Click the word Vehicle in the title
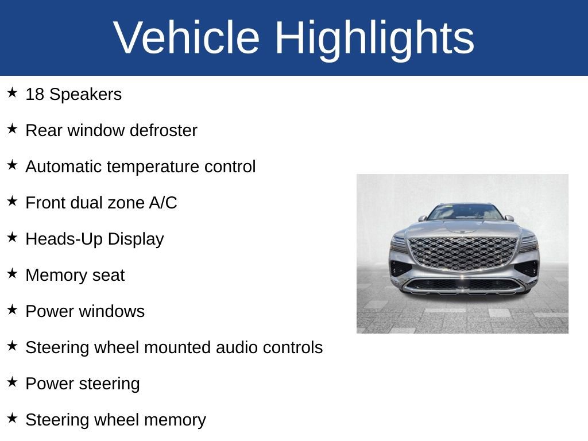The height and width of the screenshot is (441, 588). pyautogui.click(x=187, y=37)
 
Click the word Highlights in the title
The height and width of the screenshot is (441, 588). pyautogui.click(x=374, y=40)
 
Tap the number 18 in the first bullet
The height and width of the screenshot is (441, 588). pyautogui.click(x=34, y=94)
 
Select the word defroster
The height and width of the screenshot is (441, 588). pyautogui.click(x=163, y=130)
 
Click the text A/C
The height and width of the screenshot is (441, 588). pyautogui.click(x=163, y=203)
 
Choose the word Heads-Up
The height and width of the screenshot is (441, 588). pyautogui.click(x=64, y=239)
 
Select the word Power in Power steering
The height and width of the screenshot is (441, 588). pyautogui.click(x=49, y=384)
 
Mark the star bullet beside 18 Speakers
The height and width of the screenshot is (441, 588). pyautogui.click(x=13, y=92)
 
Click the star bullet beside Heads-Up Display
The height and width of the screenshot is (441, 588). pyautogui.click(x=13, y=237)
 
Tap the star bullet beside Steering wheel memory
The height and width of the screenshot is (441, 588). pyautogui.click(x=13, y=418)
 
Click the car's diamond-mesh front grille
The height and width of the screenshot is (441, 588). pyautogui.click(x=463, y=253)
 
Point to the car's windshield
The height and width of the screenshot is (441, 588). pyautogui.click(x=465, y=212)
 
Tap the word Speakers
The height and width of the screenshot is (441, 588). pyautogui.click(x=86, y=95)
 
